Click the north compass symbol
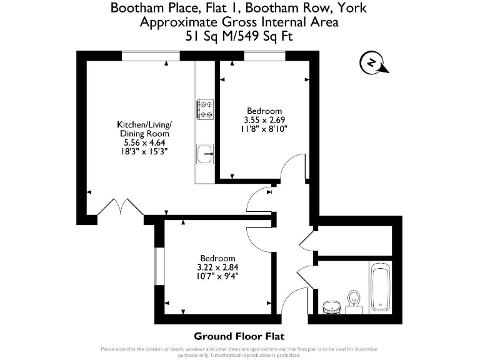tap(372, 63)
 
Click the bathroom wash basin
tap(331, 307)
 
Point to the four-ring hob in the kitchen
tap(205, 109)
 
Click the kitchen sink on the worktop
tap(205, 153)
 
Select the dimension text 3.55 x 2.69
tap(264, 120)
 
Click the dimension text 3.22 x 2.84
tap(217, 267)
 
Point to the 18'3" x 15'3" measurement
tap(144, 151)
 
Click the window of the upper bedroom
tap(261, 56)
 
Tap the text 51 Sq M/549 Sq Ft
tap(239, 37)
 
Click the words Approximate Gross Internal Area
tap(239, 22)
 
